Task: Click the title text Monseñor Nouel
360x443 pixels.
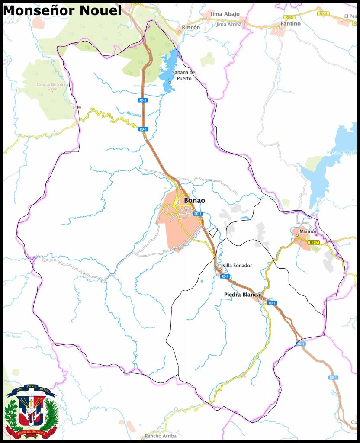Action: [62, 10]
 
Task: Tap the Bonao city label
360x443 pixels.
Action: [194, 201]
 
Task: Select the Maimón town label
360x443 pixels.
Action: [309, 231]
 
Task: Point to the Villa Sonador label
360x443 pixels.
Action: [237, 266]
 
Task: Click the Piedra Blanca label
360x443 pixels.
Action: [242, 295]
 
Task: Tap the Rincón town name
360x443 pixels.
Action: [191, 27]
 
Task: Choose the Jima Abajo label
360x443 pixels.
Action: [225, 14]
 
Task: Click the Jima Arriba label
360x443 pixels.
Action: [229, 25]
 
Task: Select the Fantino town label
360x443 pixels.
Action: [290, 24]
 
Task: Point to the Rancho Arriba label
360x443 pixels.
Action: [161, 436]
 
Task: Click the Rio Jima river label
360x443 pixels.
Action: [134, 114]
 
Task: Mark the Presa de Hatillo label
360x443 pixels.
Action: [342, 152]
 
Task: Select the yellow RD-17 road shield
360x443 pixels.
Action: [314, 243]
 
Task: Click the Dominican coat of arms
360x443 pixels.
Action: [31, 411]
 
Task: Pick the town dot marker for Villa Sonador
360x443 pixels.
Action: [220, 269]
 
